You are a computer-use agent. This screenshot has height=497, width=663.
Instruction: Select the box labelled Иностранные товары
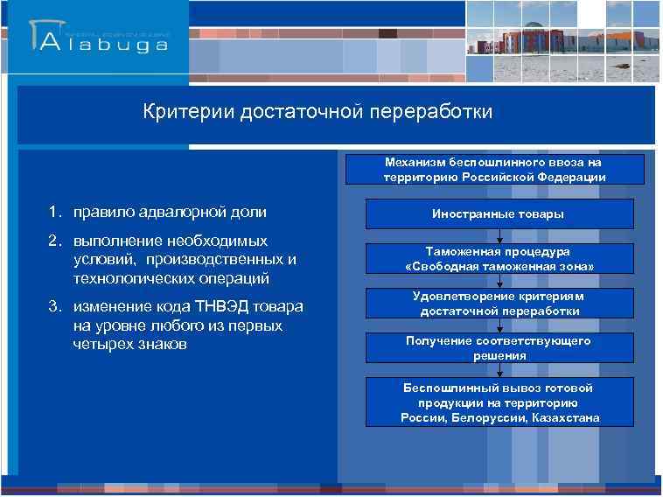[499, 213]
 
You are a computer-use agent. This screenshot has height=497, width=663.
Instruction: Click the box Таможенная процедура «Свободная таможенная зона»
[499, 258]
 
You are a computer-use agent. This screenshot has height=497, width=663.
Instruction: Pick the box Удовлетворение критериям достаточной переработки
[499, 304]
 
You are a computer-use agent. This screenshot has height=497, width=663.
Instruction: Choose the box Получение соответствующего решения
[499, 348]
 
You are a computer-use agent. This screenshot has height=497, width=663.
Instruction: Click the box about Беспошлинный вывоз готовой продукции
[499, 402]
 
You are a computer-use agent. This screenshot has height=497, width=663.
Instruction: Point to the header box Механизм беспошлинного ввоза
[494, 169]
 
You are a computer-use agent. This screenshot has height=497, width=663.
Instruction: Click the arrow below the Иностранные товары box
[499, 235]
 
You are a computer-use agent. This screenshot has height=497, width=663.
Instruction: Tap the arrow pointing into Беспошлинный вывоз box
[499, 371]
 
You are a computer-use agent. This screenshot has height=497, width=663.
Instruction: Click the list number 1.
[53, 212]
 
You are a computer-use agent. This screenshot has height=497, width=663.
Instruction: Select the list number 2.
[53, 240]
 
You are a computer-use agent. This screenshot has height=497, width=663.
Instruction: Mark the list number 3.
[53, 306]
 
